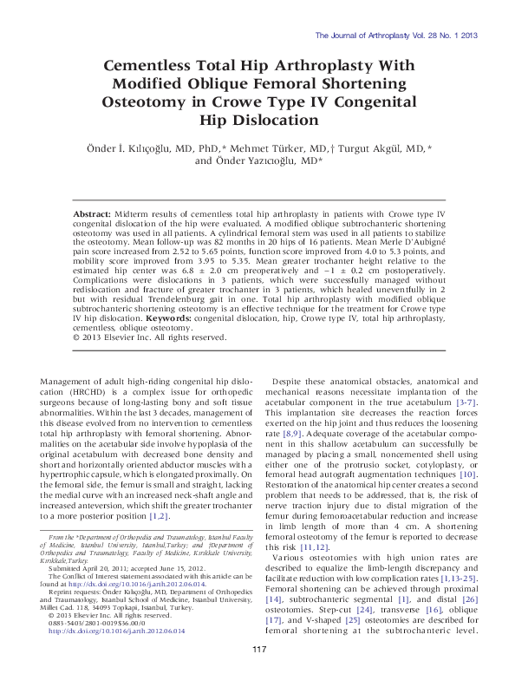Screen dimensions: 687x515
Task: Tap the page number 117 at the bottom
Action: pyautogui.click(x=257, y=650)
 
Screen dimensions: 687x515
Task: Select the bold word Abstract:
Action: pyautogui.click(x=90, y=212)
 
